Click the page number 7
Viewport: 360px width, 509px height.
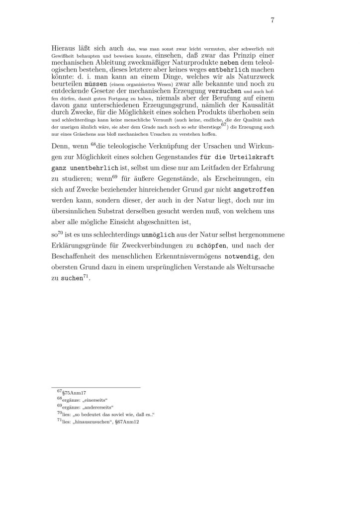tap(273, 20)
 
